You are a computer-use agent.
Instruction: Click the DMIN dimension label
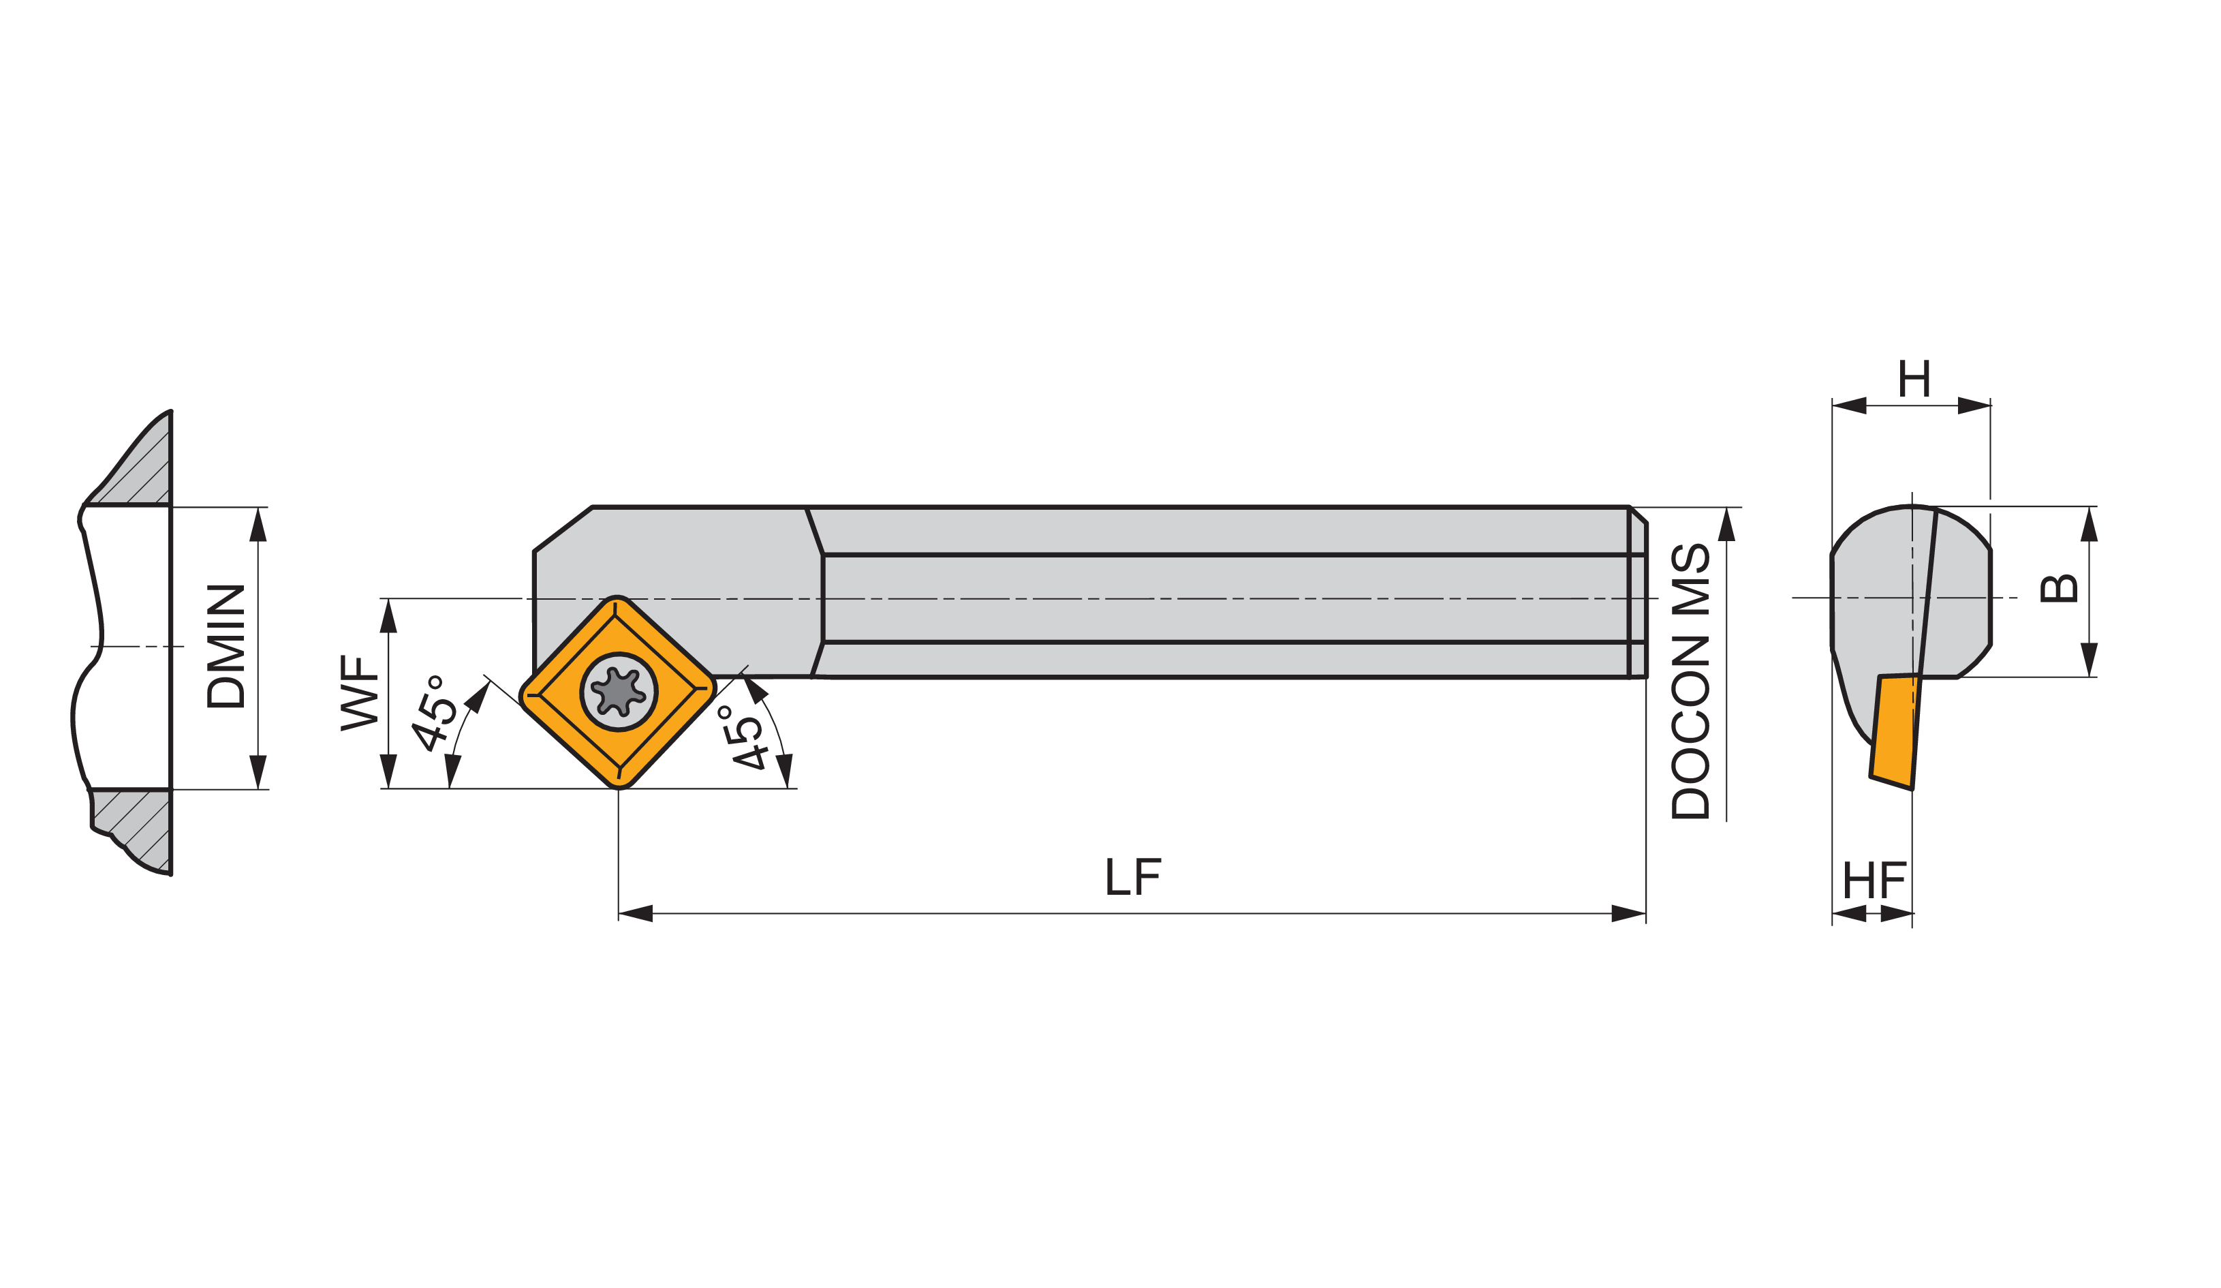[x=225, y=646]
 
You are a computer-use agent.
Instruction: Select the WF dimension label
[x=360, y=693]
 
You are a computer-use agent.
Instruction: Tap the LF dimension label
[x=1134, y=877]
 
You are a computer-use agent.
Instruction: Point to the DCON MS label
[x=1690, y=681]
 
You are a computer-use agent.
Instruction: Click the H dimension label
[x=1914, y=379]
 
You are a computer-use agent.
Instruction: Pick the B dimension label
[x=2060, y=589]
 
